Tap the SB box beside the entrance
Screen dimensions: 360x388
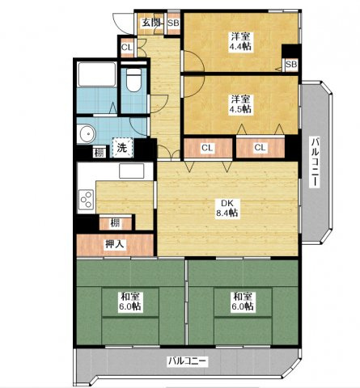tap(173, 23)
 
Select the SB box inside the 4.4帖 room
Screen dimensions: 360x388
tap(291, 65)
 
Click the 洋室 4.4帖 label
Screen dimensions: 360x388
tap(240, 41)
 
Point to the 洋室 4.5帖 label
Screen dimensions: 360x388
tap(240, 104)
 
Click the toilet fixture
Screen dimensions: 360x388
tap(133, 79)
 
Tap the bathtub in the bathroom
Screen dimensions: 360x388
tap(97, 74)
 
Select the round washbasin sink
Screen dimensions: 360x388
tap(87, 134)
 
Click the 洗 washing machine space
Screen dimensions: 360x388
tap(122, 147)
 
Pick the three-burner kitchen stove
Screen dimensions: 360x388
tap(86, 200)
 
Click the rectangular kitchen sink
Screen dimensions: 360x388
tap(132, 171)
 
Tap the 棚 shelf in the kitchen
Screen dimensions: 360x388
tap(116, 223)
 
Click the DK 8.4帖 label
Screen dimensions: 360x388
tap(227, 208)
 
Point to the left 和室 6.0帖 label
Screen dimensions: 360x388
tap(130, 302)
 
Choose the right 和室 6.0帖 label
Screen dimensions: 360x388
tap(243, 302)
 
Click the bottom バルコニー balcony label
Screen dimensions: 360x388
tap(188, 361)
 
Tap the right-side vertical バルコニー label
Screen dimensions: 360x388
tap(315, 162)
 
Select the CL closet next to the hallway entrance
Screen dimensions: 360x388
tap(127, 48)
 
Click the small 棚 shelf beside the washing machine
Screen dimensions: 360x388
tap(100, 153)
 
